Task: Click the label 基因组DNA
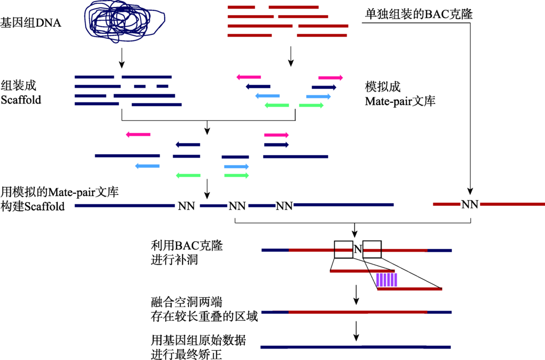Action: point(31,23)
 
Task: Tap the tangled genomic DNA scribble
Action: point(124,21)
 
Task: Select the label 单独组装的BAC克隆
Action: point(419,14)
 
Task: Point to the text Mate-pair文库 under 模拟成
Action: point(400,101)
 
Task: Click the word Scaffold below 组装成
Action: point(21,100)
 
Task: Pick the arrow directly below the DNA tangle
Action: point(122,58)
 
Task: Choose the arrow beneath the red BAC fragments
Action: point(291,56)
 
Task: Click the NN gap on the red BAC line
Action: point(470,204)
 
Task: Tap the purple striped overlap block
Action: point(387,280)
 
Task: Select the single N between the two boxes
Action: point(358,249)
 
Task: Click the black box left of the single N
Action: point(344,249)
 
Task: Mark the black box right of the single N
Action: point(372,249)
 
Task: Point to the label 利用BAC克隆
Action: point(186,246)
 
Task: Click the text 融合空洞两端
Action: point(186,302)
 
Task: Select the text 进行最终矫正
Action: point(186,354)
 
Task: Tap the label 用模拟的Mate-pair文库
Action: point(60,192)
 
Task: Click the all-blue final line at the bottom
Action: point(355,347)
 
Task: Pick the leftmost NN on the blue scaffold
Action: point(186,206)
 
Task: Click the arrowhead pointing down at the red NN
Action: point(470,192)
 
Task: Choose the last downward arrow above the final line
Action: point(356,331)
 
